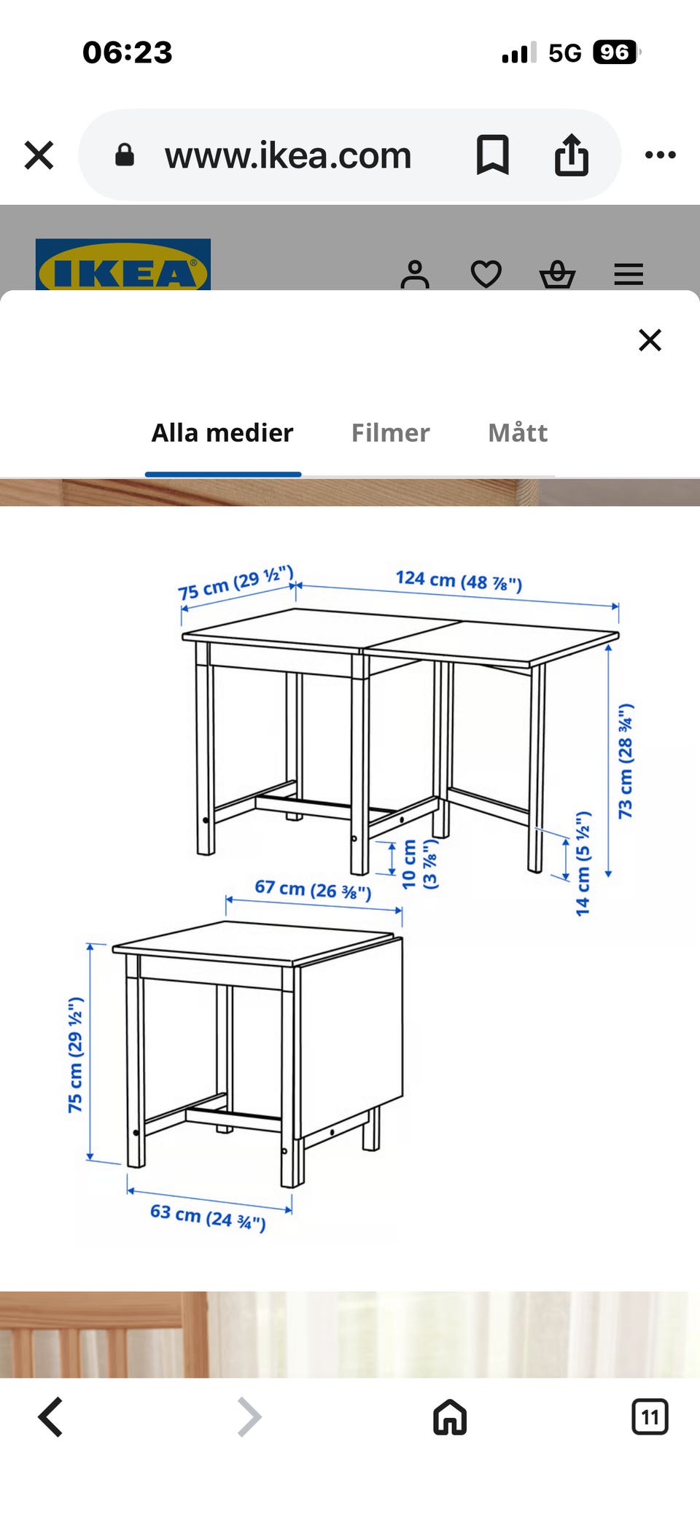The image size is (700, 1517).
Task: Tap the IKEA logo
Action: click(122, 267)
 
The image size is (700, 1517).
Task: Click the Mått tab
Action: click(518, 433)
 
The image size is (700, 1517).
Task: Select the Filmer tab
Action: click(390, 433)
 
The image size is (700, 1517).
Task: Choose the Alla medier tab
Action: click(222, 433)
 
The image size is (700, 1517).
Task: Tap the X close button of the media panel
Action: click(650, 340)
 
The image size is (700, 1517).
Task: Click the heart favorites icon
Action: click(486, 275)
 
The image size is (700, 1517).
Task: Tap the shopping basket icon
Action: click(557, 275)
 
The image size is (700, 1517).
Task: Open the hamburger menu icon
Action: click(629, 275)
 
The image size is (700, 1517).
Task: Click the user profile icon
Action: click(415, 275)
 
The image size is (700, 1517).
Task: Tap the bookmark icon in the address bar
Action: click(492, 155)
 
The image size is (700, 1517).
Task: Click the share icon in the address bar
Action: click(571, 155)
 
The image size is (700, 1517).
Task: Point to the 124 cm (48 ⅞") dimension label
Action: click(459, 581)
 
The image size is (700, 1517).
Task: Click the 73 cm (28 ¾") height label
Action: click(626, 761)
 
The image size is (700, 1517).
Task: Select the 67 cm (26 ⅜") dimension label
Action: click(313, 889)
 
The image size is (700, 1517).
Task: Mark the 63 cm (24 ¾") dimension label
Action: click(208, 1216)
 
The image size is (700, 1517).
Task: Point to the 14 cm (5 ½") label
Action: click(583, 863)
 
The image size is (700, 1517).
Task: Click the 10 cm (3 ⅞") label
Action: click(419, 865)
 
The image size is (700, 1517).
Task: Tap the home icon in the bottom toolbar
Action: click(450, 1417)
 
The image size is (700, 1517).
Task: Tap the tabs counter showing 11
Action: click(650, 1417)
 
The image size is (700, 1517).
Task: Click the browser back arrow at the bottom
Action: click(50, 1417)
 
